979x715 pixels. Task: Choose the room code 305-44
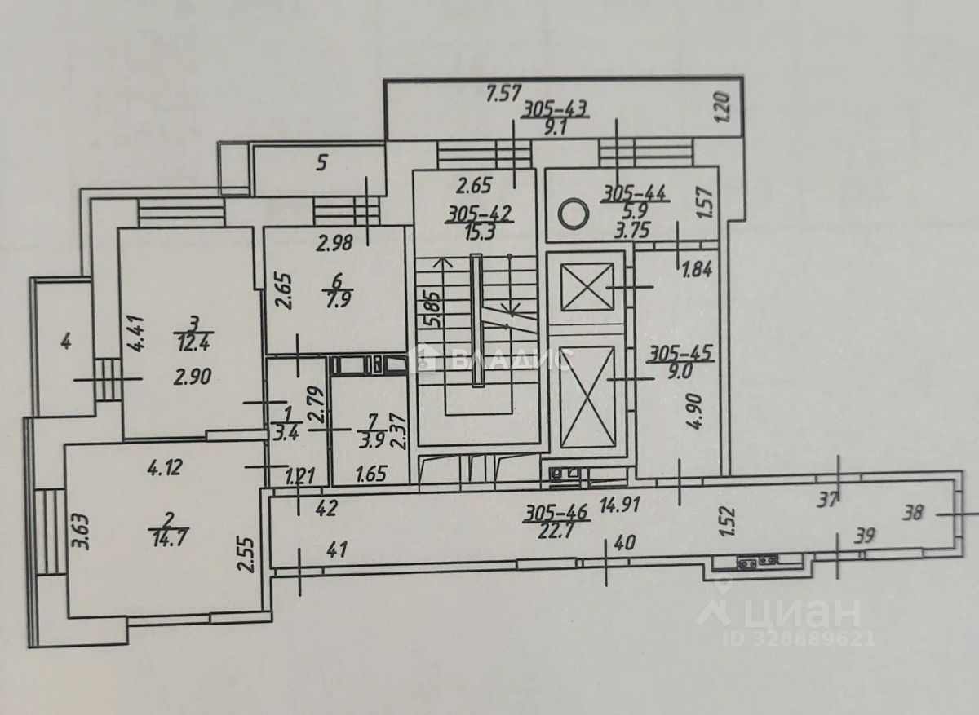pos(635,194)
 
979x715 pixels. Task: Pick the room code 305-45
pos(681,355)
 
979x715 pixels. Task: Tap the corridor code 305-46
pos(557,514)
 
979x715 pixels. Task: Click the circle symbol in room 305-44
pos(573,214)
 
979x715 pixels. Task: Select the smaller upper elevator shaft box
pos(587,286)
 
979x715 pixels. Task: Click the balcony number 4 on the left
pos(67,342)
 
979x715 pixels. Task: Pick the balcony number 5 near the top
pos(321,164)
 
